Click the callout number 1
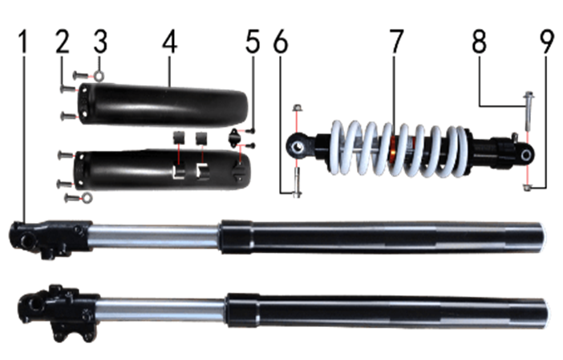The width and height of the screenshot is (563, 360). pos(23,42)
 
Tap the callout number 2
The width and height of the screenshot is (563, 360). pos(63,42)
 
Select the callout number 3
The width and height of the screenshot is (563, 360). pos(100,42)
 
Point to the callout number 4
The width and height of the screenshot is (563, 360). pos(169,42)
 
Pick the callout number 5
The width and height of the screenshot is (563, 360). pos(253,42)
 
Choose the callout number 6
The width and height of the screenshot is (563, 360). pos(281,42)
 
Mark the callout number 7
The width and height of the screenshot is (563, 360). pos(396,42)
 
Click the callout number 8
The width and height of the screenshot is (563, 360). pos(480,42)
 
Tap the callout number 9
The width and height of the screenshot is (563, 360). pos(547,42)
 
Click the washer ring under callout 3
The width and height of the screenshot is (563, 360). pos(99,75)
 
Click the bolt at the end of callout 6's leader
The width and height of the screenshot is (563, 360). pos(297,183)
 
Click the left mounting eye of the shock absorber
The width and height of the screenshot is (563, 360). pos(298,147)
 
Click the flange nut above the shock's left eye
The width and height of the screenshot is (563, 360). pos(297,107)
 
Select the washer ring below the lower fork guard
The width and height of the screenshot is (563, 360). pos(87,197)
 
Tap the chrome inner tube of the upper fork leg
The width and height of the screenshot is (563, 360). pos(155,237)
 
